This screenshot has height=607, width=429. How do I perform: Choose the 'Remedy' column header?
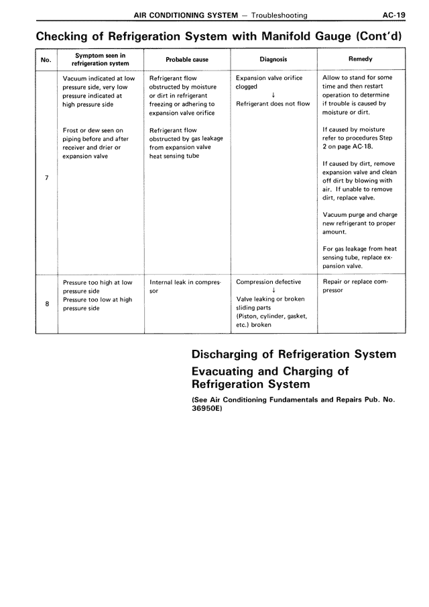click(x=361, y=59)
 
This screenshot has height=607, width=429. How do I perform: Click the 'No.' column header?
click(x=46, y=60)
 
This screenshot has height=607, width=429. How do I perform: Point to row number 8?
click(x=46, y=303)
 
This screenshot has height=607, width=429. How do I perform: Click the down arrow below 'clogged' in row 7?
click(x=273, y=95)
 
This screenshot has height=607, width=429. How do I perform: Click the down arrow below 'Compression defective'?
click(x=273, y=291)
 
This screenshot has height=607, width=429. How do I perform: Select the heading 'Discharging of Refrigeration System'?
click(x=294, y=355)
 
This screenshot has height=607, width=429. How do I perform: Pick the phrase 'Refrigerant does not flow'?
click(x=273, y=104)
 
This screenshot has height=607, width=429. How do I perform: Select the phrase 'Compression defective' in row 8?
click(x=269, y=282)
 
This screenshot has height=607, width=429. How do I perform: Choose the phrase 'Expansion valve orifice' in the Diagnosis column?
click(x=269, y=78)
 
